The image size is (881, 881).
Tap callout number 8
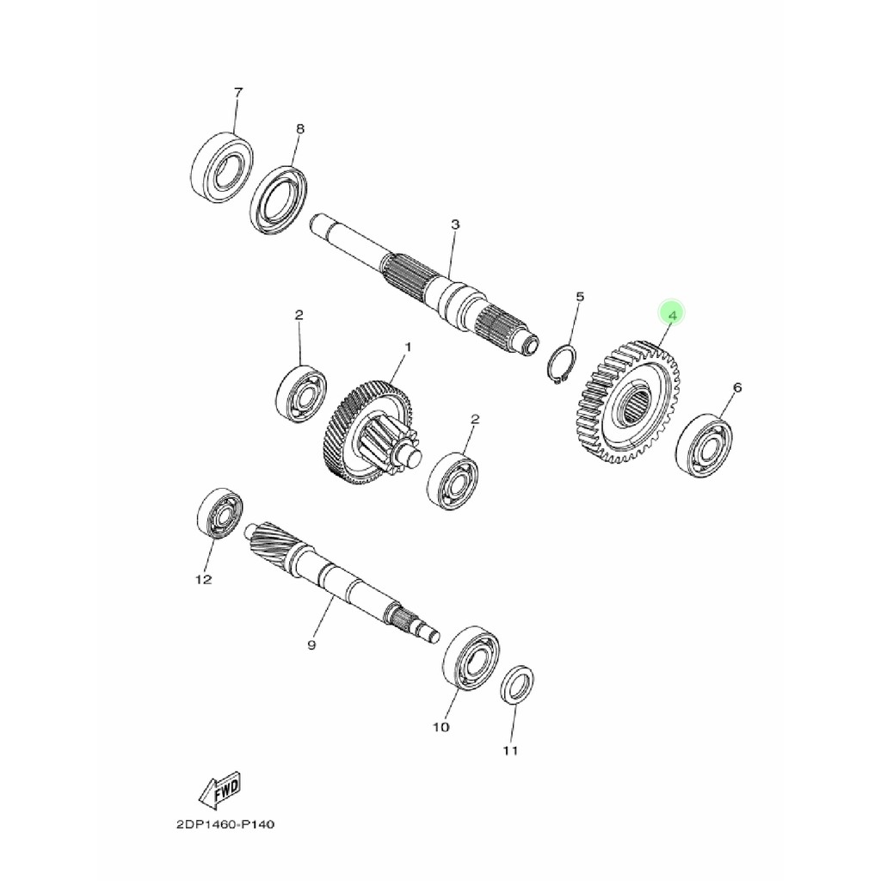[x=299, y=129]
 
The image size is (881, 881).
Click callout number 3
[x=455, y=225]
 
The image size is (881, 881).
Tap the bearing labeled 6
[x=705, y=445]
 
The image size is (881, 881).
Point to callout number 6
[x=736, y=388]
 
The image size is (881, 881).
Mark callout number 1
[x=408, y=347]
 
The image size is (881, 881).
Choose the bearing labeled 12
[x=220, y=514]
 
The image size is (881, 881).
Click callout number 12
[x=203, y=580]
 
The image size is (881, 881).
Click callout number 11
[x=511, y=751]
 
